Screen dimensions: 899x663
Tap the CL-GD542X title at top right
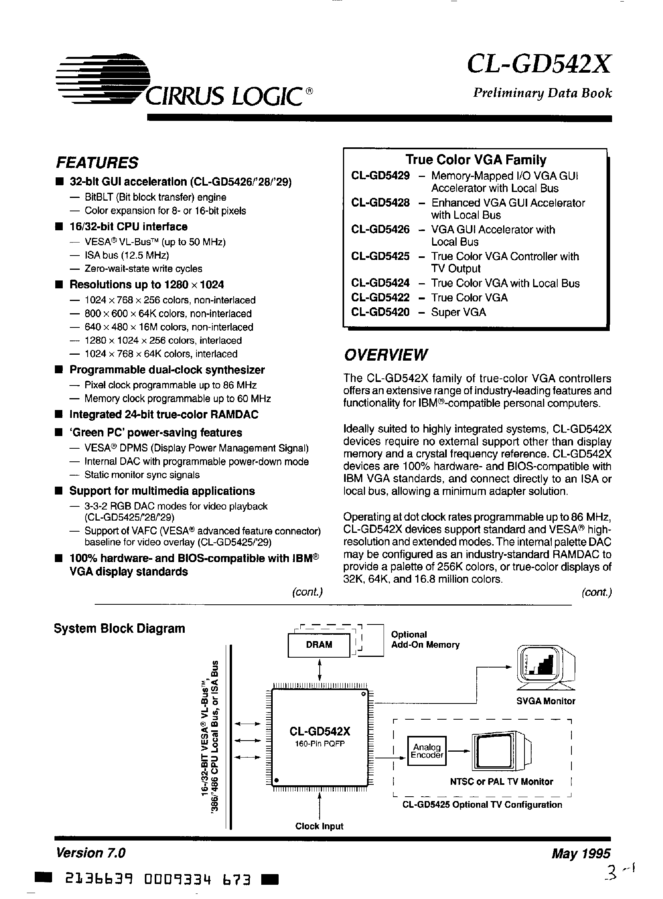pos(539,64)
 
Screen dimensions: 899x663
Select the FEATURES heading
pos(97,163)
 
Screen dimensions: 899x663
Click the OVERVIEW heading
pos(385,355)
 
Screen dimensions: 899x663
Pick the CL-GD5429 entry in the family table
pos(380,176)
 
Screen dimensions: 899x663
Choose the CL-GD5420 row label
pos(380,312)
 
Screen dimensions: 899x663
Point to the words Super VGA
pos(458,312)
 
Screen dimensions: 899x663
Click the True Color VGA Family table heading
pos(476,160)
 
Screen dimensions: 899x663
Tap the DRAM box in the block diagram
pos(319,645)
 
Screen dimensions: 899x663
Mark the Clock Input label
pos(319,826)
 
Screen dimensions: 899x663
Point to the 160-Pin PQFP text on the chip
pos(319,743)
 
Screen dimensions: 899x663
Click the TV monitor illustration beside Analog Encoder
pos(501,750)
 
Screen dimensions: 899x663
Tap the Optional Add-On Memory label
pos(425,639)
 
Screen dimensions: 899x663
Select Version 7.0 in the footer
pos(91,853)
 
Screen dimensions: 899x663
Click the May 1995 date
pos(581,853)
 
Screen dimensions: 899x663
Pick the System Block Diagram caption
pos(119,628)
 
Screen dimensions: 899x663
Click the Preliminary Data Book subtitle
pos(542,93)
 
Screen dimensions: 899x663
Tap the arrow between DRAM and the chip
pos(319,668)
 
